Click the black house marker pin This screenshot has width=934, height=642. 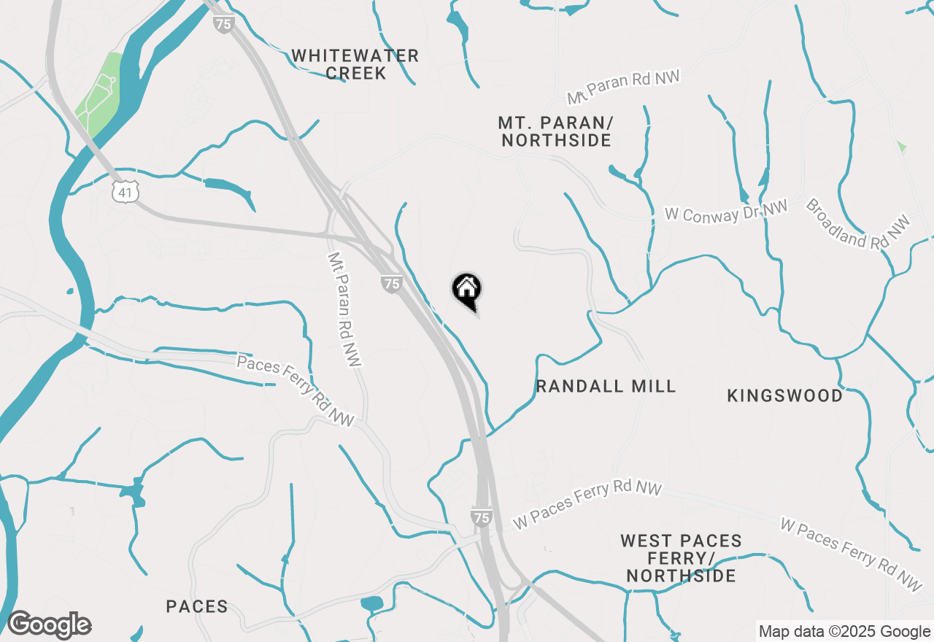[467, 290]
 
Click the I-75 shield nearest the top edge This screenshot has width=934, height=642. [224, 23]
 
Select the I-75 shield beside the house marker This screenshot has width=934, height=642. [392, 284]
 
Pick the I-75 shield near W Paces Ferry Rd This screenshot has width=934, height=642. [481, 517]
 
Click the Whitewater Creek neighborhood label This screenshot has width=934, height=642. [355, 64]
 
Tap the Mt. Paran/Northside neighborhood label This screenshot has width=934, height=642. [556, 131]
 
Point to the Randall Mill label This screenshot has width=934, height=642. [606, 386]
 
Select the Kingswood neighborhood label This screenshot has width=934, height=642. [785, 395]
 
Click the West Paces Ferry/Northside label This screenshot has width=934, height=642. [681, 558]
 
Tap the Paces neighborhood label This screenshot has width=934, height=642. [197, 606]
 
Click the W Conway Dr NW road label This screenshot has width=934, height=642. [726, 212]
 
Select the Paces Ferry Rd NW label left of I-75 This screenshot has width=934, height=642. [296, 391]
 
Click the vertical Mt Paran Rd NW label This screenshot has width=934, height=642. [344, 309]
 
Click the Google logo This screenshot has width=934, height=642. [49, 625]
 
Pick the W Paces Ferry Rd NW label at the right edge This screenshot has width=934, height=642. [851, 554]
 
